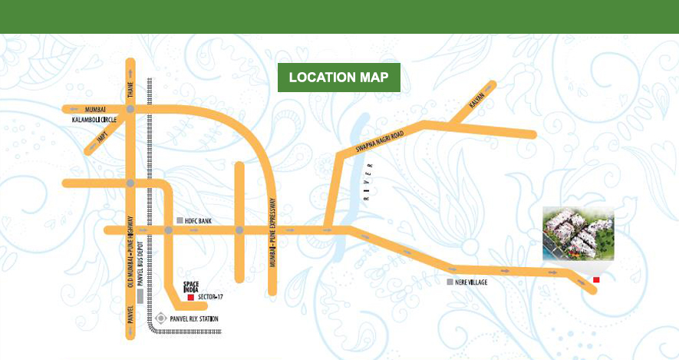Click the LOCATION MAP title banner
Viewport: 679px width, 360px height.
coord(338,78)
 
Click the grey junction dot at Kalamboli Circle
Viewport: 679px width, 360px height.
coord(130,110)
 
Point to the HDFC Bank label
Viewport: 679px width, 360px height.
coord(199,221)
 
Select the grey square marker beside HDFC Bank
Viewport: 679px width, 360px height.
coord(180,221)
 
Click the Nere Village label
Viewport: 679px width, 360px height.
coord(470,282)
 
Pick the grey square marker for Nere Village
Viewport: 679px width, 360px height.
coord(450,282)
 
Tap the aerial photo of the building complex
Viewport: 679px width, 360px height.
coord(578,233)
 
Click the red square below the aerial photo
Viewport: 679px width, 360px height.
coord(596,279)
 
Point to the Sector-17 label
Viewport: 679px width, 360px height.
coord(209,296)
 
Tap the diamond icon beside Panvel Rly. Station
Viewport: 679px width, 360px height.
coord(160,318)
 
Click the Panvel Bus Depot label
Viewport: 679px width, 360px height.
coord(140,258)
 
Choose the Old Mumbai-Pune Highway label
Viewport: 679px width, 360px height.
coord(130,254)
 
